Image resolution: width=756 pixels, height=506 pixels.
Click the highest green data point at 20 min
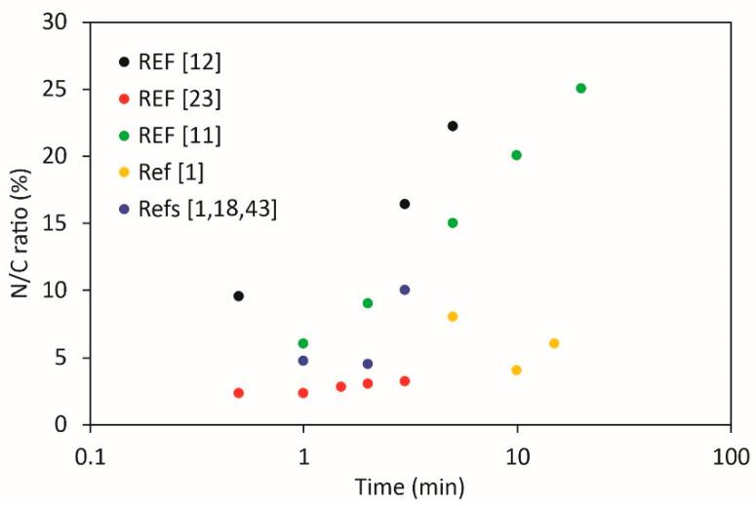(581, 89)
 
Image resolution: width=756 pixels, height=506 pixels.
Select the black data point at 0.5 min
(238, 295)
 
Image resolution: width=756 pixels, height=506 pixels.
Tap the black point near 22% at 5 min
(453, 126)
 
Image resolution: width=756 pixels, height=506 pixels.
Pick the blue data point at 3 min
(405, 290)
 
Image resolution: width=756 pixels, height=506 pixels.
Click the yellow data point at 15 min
(554, 343)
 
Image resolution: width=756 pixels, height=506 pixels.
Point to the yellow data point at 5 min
(453, 317)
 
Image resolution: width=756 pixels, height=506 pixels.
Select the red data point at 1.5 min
(340, 387)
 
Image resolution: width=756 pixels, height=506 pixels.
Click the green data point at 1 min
(303, 343)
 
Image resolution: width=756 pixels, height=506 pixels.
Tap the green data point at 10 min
(517, 155)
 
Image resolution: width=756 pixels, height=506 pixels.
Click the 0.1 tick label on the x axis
(90, 456)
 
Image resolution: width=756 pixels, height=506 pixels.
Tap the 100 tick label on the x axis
(730, 456)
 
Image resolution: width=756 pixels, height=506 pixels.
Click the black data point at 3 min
(405, 204)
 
